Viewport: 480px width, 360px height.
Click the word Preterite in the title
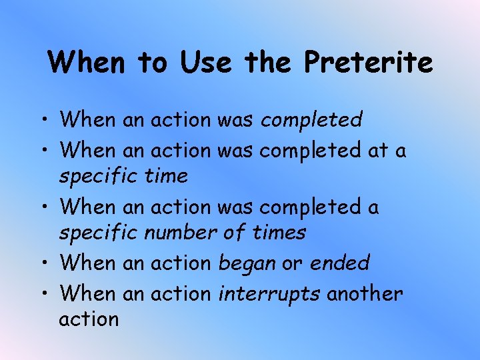369,63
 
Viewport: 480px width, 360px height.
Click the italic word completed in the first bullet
311,120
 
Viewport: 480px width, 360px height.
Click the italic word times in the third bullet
279,233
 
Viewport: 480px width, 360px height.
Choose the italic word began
247,263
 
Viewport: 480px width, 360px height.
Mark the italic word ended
339,263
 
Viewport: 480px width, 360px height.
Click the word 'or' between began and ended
292,263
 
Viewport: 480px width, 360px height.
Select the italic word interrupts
269,294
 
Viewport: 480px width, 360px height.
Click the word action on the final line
89,319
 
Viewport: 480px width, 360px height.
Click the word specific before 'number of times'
97,233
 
